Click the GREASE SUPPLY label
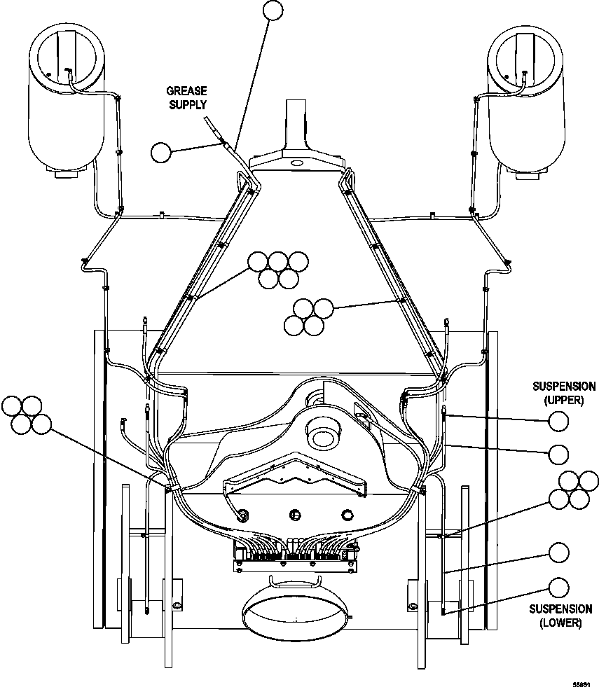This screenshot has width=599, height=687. click(x=186, y=98)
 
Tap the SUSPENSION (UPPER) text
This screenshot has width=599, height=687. click(x=564, y=393)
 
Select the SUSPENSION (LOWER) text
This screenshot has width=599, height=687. click(x=560, y=616)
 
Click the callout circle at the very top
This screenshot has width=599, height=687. click(x=273, y=10)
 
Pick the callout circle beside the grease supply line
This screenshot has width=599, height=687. click(x=161, y=152)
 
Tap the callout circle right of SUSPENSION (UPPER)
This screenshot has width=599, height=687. click(x=558, y=421)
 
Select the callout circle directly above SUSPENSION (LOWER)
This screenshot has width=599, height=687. click(x=558, y=587)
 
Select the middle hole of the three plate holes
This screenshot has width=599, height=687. click(x=296, y=515)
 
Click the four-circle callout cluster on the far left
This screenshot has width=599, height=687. click(x=27, y=415)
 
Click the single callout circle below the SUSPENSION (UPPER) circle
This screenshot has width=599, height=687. click(x=558, y=454)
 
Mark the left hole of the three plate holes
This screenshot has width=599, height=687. click(x=244, y=513)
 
